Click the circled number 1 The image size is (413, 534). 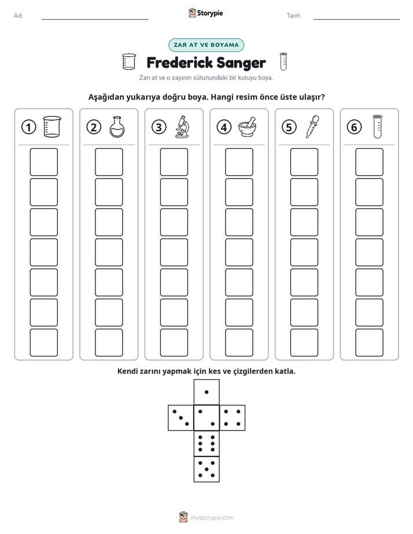28,127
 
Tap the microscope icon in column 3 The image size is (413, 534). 182,127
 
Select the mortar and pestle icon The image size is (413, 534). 248,127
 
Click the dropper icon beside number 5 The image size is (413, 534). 312,127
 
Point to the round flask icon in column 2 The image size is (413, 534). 117,127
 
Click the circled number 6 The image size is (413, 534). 354,127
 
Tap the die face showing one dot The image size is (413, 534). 207,392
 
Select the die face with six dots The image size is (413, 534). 207,443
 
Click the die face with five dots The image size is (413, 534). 207,469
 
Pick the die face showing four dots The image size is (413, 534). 233,417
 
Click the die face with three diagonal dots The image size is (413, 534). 181,417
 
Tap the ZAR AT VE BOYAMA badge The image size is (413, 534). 206,45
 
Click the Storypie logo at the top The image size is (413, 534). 205,13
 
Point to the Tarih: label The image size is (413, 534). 294,16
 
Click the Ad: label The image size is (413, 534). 19,16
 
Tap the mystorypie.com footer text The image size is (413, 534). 212,518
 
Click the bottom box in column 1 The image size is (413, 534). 43,343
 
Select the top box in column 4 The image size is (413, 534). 239,162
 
